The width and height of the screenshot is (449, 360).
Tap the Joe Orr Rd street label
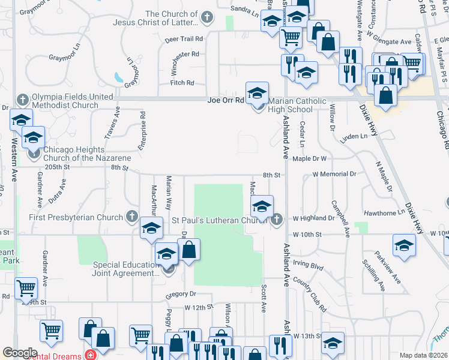(x=226, y=100)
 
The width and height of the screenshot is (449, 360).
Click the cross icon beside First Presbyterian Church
(x=131, y=216)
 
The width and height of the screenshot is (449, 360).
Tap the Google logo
(x=20, y=352)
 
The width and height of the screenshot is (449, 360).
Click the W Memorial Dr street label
(x=334, y=175)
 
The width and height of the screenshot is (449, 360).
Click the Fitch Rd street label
(x=182, y=83)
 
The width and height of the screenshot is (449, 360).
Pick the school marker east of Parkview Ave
(x=405, y=245)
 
